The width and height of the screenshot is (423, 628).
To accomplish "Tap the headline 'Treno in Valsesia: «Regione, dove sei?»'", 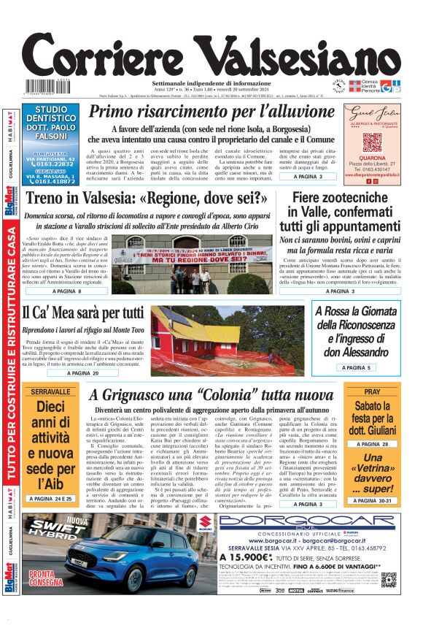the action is point(146,199).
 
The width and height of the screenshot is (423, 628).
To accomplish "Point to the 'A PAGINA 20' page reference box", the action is point(82,372).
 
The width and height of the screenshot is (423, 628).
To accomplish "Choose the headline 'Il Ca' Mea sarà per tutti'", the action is point(82,313).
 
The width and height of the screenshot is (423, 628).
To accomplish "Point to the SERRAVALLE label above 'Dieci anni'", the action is point(50,392).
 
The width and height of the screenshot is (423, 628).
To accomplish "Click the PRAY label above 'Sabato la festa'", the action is point(373,392).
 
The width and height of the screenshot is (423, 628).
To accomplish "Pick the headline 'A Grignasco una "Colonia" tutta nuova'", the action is point(211,395).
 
